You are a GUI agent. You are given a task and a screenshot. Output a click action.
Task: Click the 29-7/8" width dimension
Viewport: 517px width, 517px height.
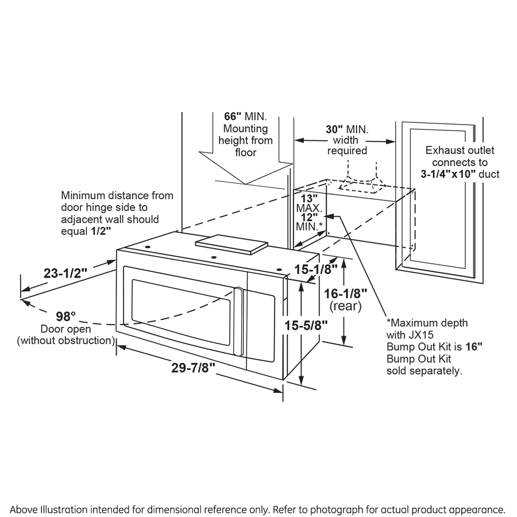coord(192,369)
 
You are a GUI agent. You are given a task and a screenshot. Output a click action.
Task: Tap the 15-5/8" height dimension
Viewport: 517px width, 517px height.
coord(307,325)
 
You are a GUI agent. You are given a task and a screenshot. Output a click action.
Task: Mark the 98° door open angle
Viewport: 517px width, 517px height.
coord(65,316)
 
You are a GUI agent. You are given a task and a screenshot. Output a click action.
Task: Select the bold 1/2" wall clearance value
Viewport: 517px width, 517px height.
coord(102,231)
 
